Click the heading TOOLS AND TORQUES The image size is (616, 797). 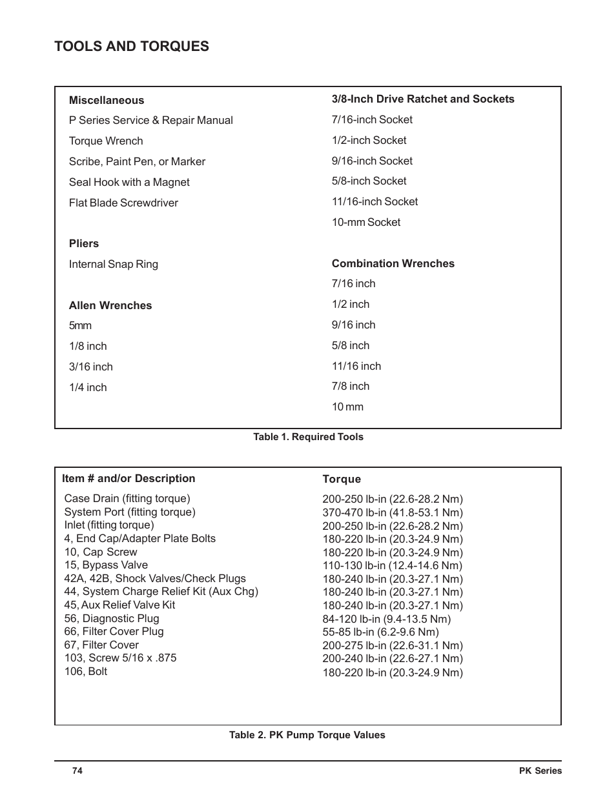point(132,46)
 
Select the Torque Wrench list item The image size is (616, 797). point(106,141)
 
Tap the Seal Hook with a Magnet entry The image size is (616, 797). point(129,182)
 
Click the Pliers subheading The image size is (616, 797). point(84,243)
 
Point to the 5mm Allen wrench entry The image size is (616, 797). point(80,326)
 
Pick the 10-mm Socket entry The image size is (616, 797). point(366,222)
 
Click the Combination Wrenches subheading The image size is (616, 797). point(393,263)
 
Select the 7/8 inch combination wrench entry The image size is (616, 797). point(351,386)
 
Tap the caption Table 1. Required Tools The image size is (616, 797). point(308,437)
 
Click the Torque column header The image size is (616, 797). point(342,479)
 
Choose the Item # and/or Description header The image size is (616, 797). point(128,478)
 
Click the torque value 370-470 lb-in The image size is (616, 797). point(393,512)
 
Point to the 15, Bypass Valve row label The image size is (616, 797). point(106,565)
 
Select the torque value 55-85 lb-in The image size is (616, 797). point(380,632)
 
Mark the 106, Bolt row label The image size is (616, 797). point(86,671)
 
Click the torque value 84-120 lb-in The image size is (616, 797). point(387,619)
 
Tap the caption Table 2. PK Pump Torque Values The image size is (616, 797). point(307,735)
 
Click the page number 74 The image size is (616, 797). point(77,771)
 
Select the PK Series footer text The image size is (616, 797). point(540,771)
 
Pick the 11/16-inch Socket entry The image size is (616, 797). point(375,201)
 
